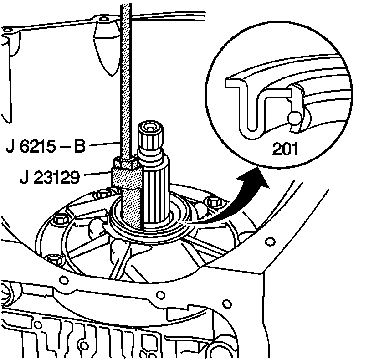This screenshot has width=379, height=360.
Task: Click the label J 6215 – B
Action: coord(46,147)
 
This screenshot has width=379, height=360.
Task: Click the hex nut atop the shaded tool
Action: coord(125,163)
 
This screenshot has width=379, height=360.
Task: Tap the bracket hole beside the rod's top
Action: coord(106,19)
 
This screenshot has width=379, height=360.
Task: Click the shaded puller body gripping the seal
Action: coord(132,201)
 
